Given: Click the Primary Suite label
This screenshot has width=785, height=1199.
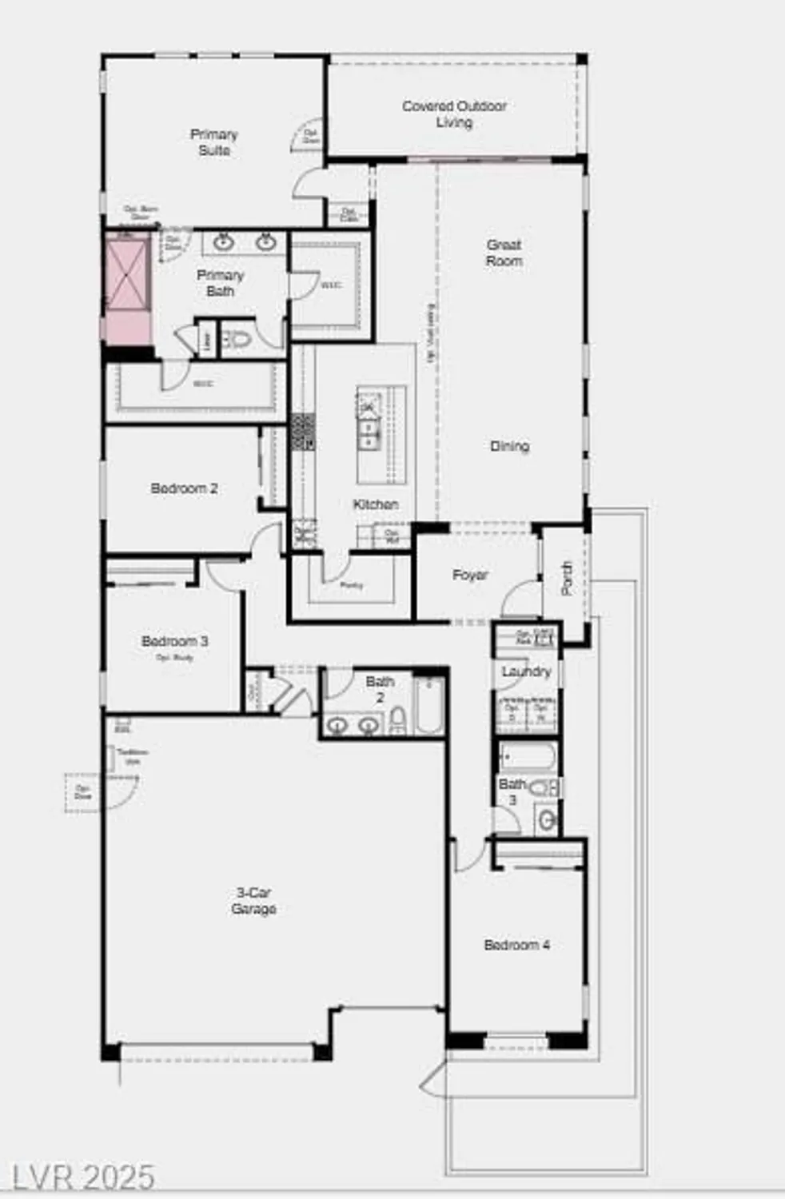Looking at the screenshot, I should click(x=213, y=142).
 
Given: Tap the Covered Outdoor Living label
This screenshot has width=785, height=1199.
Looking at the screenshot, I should click(x=454, y=114).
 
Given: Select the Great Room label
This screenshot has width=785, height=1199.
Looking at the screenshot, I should click(x=504, y=253).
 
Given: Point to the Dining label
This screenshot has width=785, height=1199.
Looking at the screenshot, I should click(x=509, y=446).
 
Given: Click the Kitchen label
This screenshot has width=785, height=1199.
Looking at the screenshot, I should click(x=375, y=504).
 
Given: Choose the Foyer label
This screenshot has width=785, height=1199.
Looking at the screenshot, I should click(x=469, y=575).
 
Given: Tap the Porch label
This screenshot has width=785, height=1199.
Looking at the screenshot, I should click(x=567, y=578).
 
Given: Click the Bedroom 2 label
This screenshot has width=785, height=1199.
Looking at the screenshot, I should click(x=184, y=488).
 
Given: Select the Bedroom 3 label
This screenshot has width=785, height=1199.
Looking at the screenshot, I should click(x=174, y=642).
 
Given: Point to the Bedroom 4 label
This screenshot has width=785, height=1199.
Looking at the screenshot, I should click(x=516, y=945).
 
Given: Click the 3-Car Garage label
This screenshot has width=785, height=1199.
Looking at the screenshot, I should click(x=253, y=901).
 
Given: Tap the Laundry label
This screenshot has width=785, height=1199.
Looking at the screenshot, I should click(x=526, y=671).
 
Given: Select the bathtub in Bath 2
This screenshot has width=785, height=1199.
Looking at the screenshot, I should click(x=428, y=705).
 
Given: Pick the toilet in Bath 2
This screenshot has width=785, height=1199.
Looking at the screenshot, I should click(x=397, y=721).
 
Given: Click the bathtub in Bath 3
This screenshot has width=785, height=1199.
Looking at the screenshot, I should click(x=528, y=755).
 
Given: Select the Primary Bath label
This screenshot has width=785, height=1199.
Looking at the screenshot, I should click(x=220, y=283).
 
